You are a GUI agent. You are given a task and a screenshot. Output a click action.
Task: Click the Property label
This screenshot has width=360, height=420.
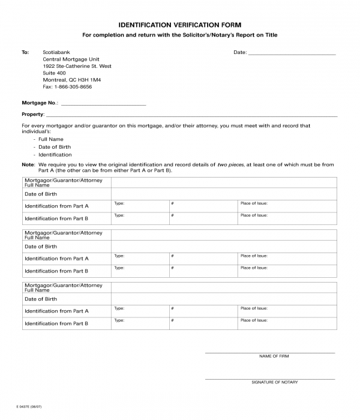32,114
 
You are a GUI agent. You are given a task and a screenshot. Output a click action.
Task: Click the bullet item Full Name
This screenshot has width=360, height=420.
51,139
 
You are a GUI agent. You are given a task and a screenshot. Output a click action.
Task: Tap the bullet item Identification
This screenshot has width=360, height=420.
55,155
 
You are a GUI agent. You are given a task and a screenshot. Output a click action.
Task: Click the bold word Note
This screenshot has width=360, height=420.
28,164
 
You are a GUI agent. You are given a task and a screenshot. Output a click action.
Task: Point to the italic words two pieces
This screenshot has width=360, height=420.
231,164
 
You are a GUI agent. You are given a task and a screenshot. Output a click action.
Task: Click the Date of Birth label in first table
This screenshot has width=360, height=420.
41,194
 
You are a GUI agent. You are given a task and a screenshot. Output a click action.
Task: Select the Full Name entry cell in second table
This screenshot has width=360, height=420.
223,235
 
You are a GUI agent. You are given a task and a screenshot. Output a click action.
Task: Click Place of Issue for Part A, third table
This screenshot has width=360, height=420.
254,308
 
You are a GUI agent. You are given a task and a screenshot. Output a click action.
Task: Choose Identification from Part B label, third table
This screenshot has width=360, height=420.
56,323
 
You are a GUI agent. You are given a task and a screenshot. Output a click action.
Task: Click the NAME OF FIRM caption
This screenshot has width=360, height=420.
274,356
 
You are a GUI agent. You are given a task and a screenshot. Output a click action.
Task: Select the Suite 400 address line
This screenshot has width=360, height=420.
55,73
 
